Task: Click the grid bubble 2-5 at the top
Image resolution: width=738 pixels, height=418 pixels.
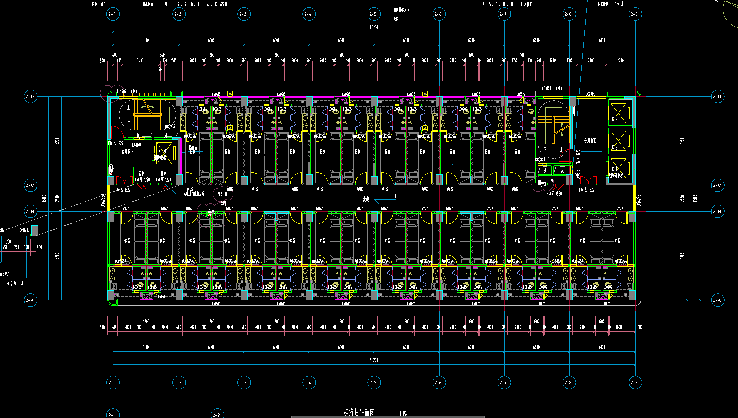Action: pos(373,14)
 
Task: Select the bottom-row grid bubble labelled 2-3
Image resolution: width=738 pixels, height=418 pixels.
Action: pos(243,383)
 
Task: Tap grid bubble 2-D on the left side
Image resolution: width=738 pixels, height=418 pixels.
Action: pos(31,96)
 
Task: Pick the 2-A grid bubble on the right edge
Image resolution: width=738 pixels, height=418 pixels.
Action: pos(717,300)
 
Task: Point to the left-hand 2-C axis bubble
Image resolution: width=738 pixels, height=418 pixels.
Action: pos(31,186)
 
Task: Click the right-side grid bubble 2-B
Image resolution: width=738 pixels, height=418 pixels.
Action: pos(717,211)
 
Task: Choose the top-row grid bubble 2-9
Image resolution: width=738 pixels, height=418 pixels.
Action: pos(634,14)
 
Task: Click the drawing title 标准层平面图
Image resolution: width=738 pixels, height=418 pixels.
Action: pos(359,413)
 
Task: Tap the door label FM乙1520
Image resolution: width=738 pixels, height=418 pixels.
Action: pos(554,193)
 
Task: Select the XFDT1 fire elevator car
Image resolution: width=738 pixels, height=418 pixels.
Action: pos(164,152)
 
